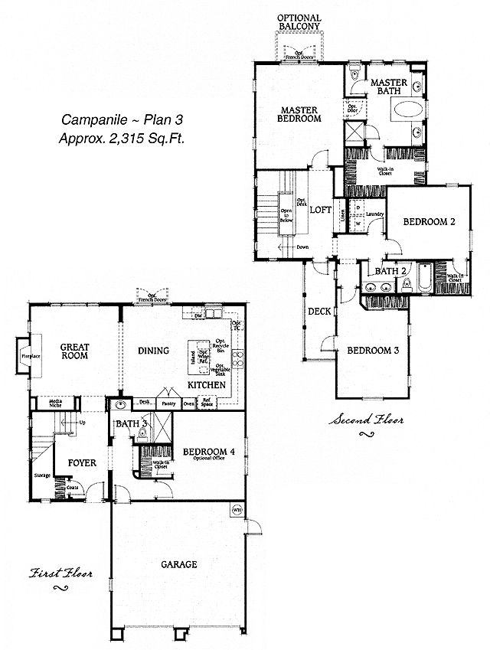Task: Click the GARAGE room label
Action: [179, 564]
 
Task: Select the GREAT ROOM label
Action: [75, 351]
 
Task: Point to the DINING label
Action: [153, 351]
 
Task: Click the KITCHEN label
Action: [207, 384]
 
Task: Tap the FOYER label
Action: [82, 462]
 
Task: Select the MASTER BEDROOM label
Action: [299, 114]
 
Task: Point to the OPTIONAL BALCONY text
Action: [299, 22]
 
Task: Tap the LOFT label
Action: [319, 211]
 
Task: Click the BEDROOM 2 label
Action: [430, 222]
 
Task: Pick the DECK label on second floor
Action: [318, 312]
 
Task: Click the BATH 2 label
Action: [390, 271]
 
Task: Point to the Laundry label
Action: [374, 214]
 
